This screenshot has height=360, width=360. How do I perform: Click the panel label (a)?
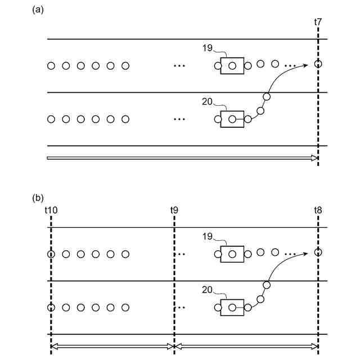39,10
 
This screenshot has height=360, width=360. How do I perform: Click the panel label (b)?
39,198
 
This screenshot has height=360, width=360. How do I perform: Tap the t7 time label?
318,22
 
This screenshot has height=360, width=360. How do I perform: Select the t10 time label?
51,210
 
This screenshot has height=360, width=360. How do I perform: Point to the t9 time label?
174,210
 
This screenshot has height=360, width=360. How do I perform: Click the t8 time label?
318,210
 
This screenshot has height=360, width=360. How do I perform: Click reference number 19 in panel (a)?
207,48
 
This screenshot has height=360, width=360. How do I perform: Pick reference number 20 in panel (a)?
207,102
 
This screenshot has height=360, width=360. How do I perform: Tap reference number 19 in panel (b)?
207,237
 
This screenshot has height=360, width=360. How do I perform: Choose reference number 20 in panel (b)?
207,290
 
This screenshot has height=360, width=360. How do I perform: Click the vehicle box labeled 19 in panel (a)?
232,66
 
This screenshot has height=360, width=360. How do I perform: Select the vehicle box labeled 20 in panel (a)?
232,119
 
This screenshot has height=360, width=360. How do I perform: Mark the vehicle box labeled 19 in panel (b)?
232,254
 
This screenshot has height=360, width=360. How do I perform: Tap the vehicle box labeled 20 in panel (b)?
232,308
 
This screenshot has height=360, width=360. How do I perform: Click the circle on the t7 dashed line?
318,64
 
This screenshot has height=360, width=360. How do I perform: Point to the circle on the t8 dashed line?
318,253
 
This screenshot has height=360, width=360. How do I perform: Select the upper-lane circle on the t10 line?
51,254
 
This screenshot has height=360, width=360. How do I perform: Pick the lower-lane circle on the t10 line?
51,308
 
